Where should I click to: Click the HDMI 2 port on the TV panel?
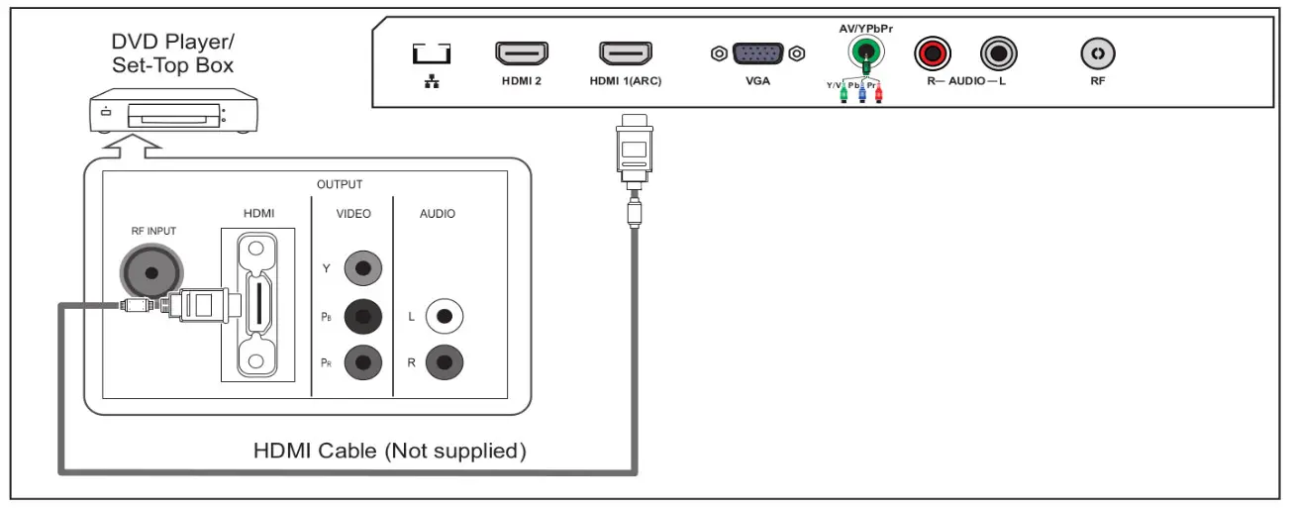click(x=522, y=51)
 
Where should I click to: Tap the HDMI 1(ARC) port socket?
click(x=626, y=51)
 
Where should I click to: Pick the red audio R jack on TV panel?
click(x=932, y=52)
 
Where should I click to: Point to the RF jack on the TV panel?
click(x=1097, y=52)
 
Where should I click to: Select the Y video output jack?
click(x=362, y=266)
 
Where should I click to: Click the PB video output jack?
click(x=362, y=317)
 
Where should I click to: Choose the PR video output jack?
click(x=362, y=363)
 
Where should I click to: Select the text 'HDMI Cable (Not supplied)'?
click(x=388, y=452)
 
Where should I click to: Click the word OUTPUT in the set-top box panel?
click(x=340, y=184)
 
